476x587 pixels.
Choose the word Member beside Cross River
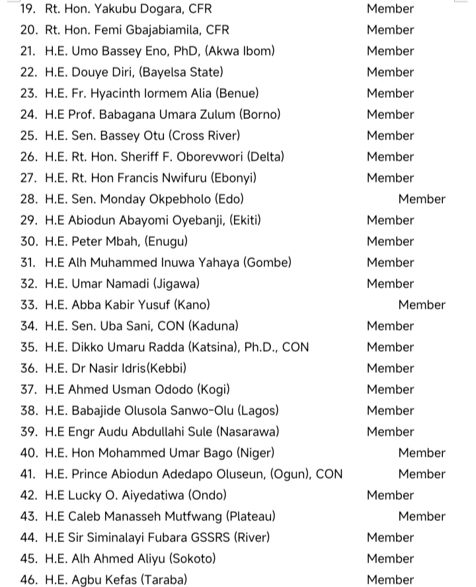[x=390, y=136]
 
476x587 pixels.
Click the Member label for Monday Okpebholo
[x=422, y=200]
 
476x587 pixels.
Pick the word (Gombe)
[x=267, y=263]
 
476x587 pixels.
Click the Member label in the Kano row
[x=422, y=305]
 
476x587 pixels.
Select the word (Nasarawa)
[x=247, y=432]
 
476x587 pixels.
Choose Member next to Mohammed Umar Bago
[x=422, y=453]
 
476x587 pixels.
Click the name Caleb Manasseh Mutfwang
[x=145, y=517]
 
